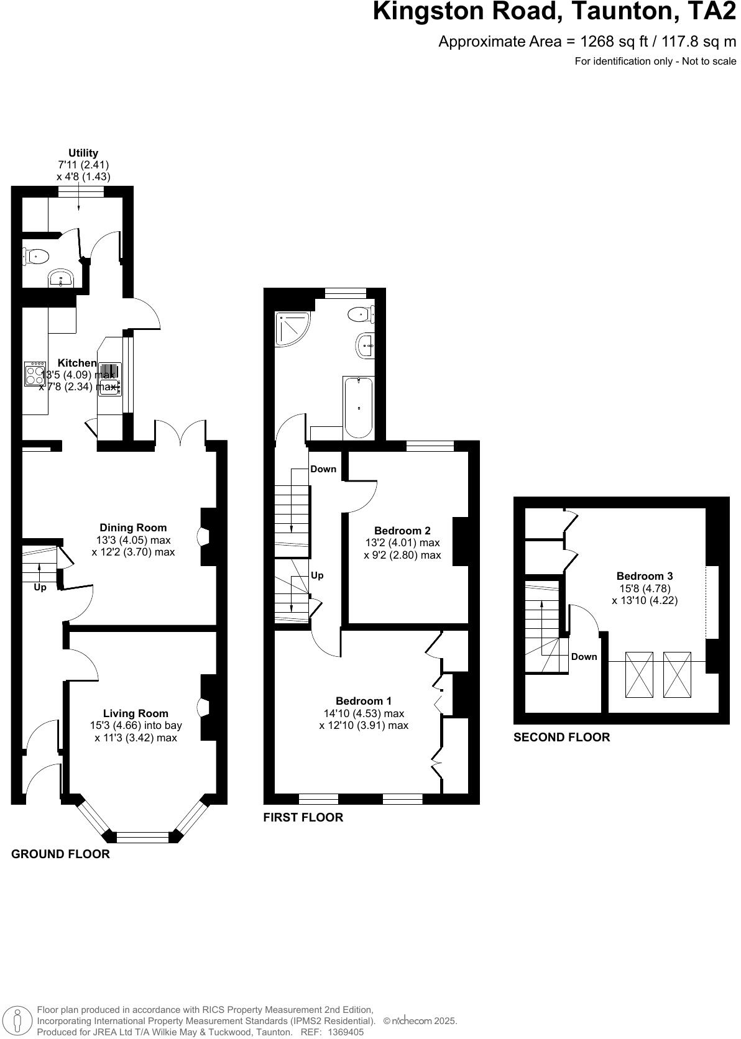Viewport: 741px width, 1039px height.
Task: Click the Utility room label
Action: point(83,153)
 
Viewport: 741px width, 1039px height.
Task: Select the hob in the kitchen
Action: point(35,374)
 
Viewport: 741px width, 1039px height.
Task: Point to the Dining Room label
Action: point(133,528)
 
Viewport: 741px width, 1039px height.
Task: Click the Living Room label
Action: point(136,713)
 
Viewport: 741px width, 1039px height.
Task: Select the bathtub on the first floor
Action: point(359,407)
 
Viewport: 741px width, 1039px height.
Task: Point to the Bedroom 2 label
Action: point(402,531)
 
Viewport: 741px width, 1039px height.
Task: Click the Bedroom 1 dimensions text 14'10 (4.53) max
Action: point(364,713)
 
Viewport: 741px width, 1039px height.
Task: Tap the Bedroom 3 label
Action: point(644,576)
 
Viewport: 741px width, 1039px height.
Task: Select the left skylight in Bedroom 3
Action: point(638,674)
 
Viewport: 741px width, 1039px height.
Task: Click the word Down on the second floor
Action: point(584,657)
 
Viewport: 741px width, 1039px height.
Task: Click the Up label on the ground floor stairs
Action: point(40,587)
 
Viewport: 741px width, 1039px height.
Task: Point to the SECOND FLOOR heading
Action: point(561,738)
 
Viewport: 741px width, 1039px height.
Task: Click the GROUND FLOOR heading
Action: point(60,854)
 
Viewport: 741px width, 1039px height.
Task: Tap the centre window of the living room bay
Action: point(142,838)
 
